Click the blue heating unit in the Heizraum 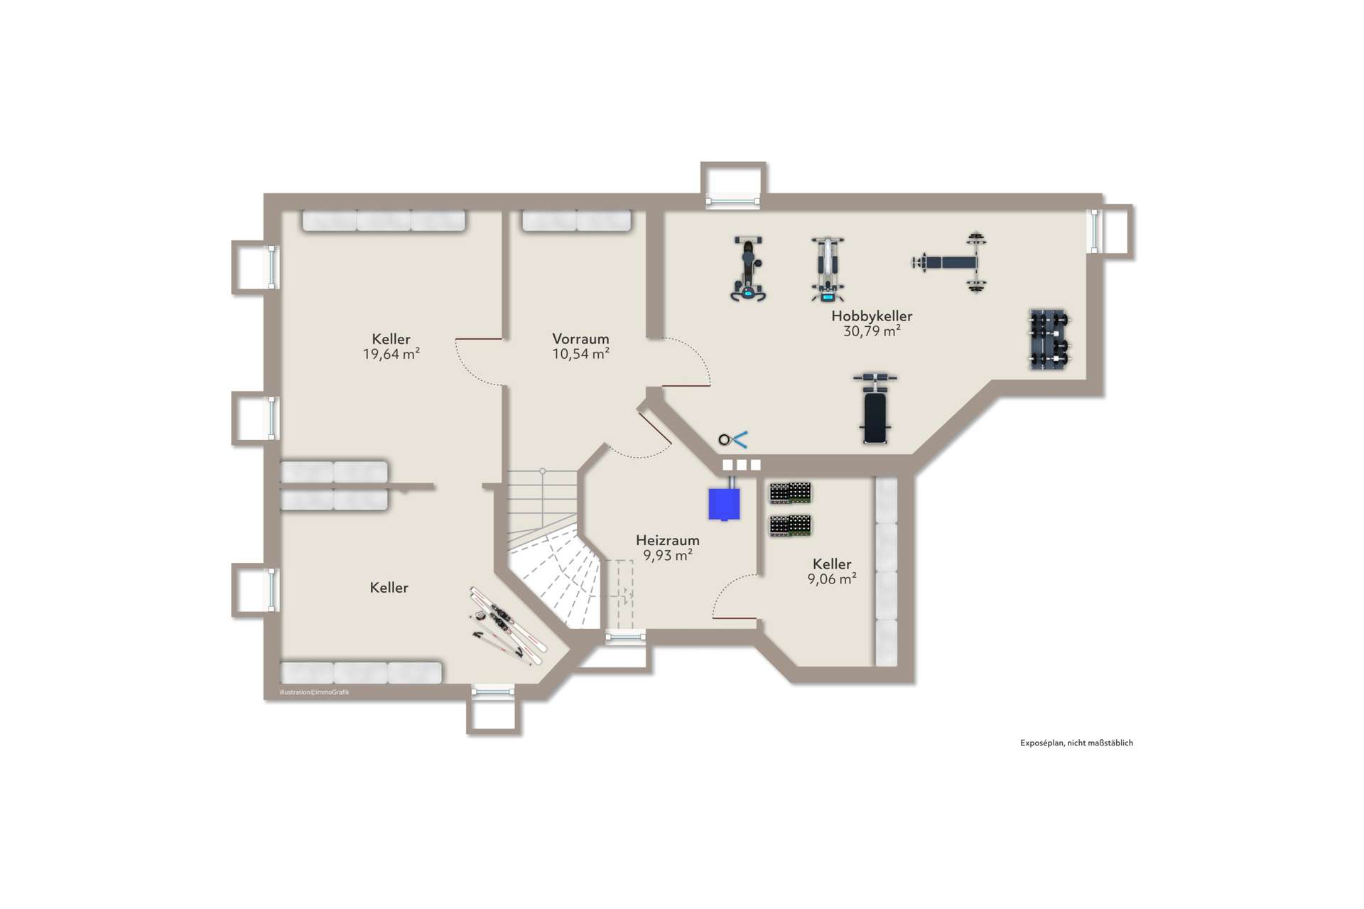(x=724, y=502)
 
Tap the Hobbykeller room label (x=872, y=316)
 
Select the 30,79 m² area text (x=872, y=331)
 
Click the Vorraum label (x=580, y=339)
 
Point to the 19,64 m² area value (x=391, y=354)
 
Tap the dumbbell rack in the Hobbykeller (x=1050, y=339)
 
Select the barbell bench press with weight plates (x=951, y=262)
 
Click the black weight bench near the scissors (x=875, y=408)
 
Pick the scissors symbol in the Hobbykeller (x=733, y=440)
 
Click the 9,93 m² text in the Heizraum (x=668, y=555)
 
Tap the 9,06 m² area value (x=832, y=579)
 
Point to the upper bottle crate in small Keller (x=791, y=493)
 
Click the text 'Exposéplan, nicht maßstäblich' (x=1076, y=743)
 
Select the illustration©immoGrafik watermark (x=315, y=692)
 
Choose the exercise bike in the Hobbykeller (x=748, y=269)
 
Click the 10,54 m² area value (x=580, y=354)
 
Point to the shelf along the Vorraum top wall (x=577, y=220)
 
